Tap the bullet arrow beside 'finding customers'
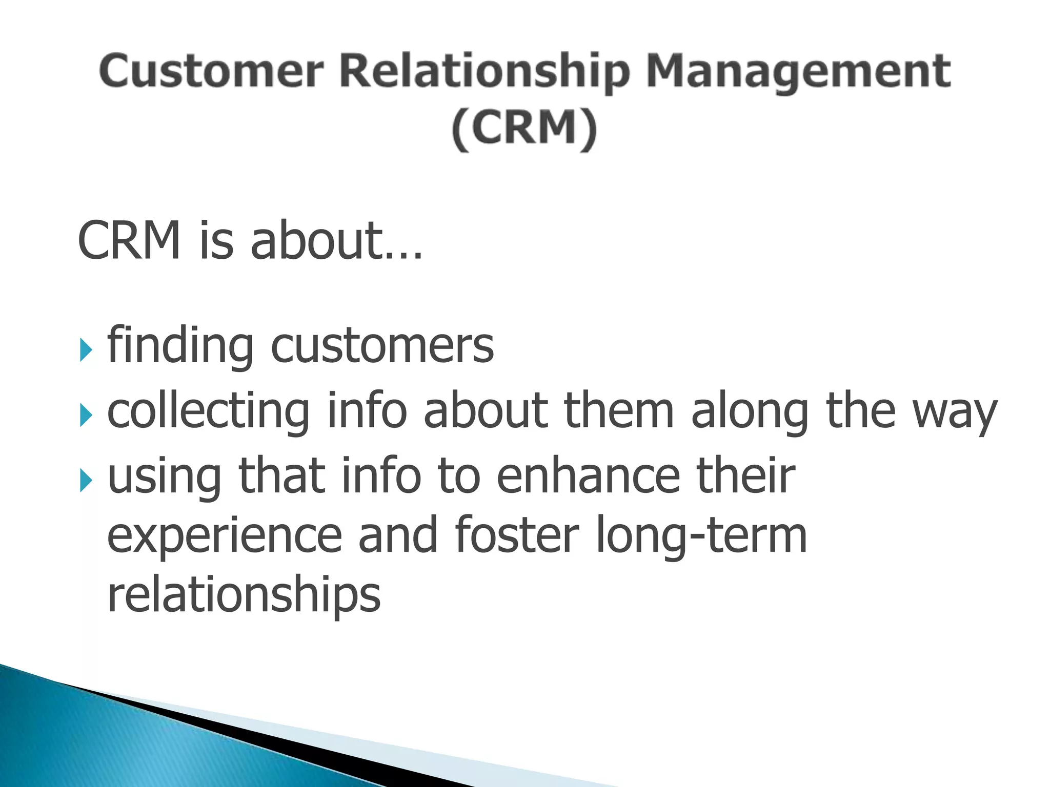tap(86, 351)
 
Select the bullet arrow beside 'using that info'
tap(86, 482)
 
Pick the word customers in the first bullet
tap(382, 346)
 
